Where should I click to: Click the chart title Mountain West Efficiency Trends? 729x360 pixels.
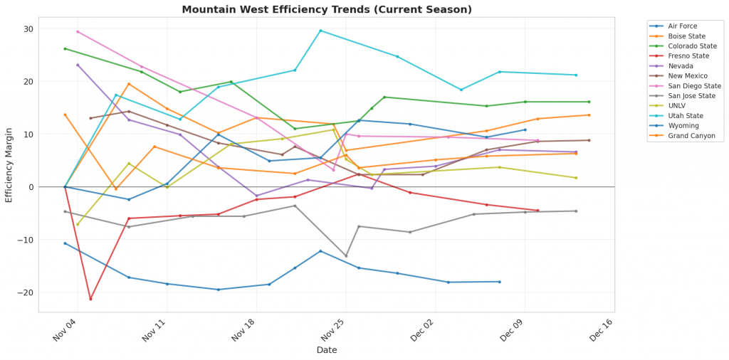pyautogui.click(x=327, y=9)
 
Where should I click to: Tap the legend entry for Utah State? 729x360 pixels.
pyautogui.click(x=685, y=115)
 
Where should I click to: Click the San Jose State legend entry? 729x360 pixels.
pyautogui.click(x=690, y=95)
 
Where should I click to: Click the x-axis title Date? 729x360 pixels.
pyautogui.click(x=327, y=350)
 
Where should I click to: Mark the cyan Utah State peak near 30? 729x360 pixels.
pyautogui.click(x=320, y=31)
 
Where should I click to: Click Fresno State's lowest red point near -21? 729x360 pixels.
pyautogui.click(x=90, y=299)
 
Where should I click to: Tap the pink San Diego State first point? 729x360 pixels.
pyautogui.click(x=78, y=31)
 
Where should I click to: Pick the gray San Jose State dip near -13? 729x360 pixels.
pyautogui.click(x=346, y=256)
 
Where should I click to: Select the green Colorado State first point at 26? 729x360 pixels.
pyautogui.click(x=65, y=48)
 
